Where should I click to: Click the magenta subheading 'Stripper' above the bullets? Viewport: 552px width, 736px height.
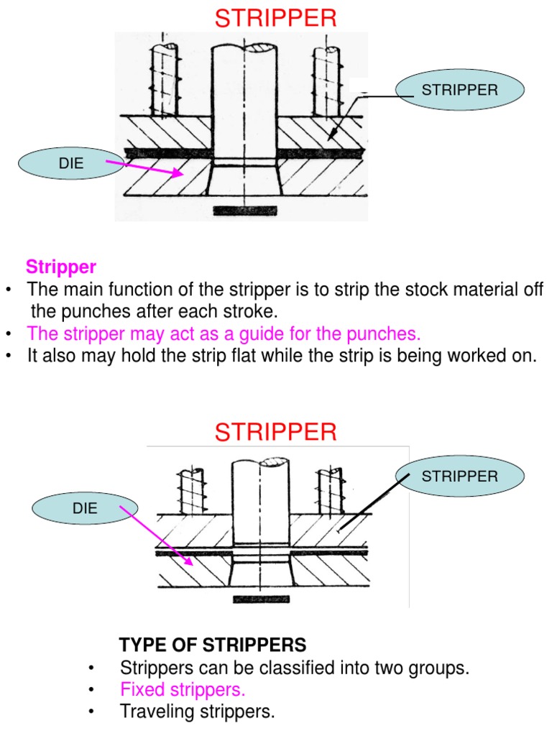pos(61,267)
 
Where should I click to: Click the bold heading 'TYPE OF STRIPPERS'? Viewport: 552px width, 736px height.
pos(213,644)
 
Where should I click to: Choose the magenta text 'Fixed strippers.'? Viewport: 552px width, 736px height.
pos(183,690)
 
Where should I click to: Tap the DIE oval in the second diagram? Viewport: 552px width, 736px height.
pos(84,508)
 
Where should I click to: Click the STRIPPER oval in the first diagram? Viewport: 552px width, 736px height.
pos(460,90)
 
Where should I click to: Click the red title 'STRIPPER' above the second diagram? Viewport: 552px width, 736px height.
pos(276,433)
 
